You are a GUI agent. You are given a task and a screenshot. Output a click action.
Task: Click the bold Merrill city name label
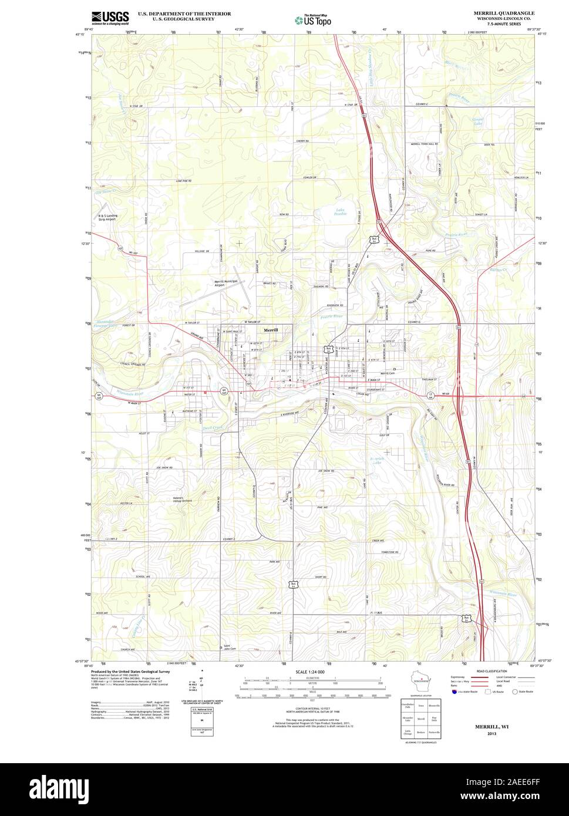[271, 330]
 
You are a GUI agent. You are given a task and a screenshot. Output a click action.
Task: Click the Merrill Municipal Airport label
[226, 283]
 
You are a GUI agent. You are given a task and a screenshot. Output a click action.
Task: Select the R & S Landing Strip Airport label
[108, 217]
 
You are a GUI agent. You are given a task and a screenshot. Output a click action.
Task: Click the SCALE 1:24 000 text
[310, 672]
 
